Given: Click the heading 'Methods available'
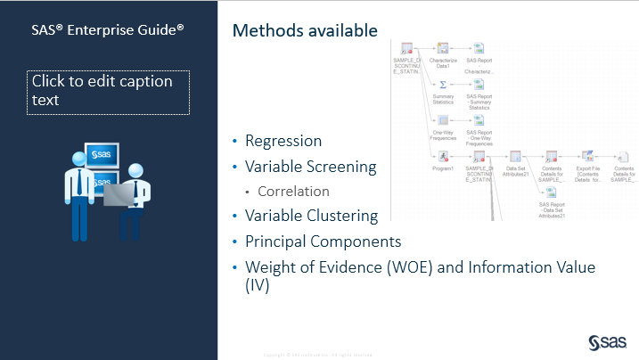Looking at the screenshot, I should tap(304, 31).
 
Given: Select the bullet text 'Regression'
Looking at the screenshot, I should tap(283, 141).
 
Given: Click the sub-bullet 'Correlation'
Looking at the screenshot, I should tap(293, 191).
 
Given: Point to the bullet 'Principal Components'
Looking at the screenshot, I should tap(323, 241).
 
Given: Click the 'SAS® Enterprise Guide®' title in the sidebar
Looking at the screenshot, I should tap(109, 29).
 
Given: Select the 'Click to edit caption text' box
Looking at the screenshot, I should tap(109, 92).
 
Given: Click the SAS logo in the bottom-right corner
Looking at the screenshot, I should tap(610, 340).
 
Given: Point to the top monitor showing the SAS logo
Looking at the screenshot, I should tap(102, 155).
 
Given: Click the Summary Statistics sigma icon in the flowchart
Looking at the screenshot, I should tap(443, 83).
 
